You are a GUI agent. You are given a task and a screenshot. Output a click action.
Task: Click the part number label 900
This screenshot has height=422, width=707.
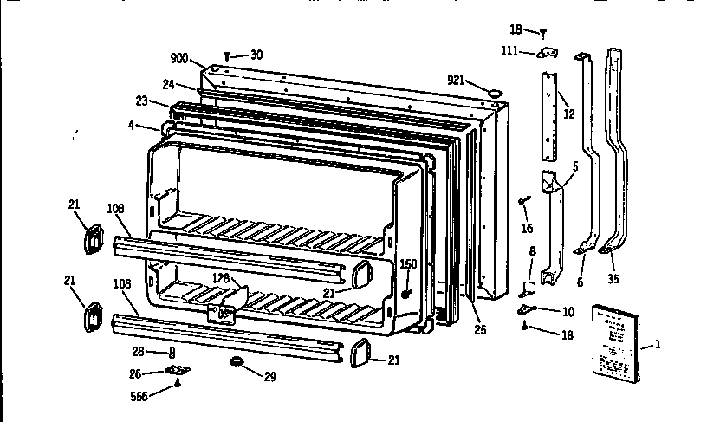[x=178, y=58]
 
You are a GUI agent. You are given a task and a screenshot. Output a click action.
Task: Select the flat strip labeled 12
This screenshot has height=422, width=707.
[x=549, y=113]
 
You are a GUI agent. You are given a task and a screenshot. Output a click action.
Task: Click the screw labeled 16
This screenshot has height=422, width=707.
[x=525, y=201]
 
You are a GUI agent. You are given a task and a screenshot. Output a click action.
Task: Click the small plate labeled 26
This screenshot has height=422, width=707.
[x=179, y=372]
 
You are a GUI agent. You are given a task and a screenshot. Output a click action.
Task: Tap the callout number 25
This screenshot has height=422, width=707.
[x=480, y=329]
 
